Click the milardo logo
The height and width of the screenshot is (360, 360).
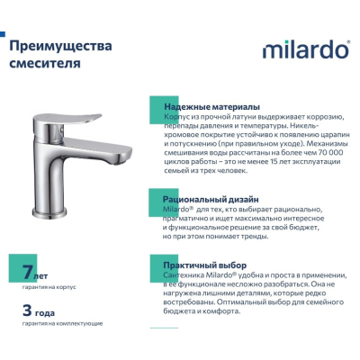[306, 49]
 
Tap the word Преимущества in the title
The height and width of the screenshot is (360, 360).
[60, 46]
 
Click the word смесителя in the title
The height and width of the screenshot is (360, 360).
[45, 63]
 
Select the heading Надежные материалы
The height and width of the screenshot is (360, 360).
[212, 107]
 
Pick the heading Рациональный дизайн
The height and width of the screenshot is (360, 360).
[211, 199]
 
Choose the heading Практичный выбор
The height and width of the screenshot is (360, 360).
[205, 265]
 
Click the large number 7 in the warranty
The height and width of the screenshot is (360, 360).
[28, 272]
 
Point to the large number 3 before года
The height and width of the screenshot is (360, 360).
[27, 310]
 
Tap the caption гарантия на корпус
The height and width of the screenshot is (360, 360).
[49, 287]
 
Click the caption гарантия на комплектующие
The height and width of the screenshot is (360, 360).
[62, 324]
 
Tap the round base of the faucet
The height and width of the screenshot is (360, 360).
[49, 212]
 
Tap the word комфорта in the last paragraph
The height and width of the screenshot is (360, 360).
[221, 311]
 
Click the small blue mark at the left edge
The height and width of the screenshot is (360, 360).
[3, 34]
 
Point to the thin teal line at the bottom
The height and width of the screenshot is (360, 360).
[164, 328]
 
